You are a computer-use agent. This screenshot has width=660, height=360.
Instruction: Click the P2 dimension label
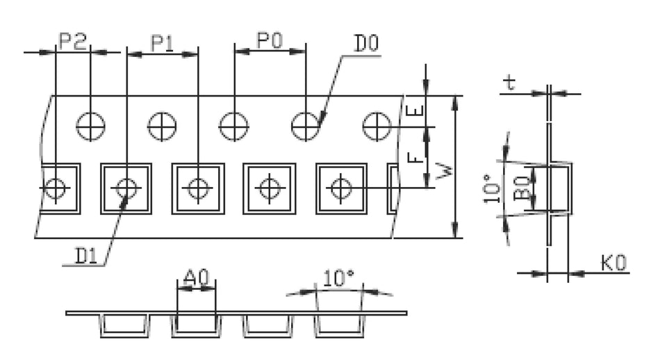[x=72, y=42]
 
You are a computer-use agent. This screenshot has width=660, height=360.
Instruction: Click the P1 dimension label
[x=163, y=44]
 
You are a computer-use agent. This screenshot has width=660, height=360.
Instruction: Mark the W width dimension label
[x=443, y=170]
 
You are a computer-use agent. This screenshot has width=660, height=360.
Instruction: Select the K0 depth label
[x=613, y=263]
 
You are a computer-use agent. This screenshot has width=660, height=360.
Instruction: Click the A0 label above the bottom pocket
[x=196, y=279]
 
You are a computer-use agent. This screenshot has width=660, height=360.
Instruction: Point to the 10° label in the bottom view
[x=339, y=279]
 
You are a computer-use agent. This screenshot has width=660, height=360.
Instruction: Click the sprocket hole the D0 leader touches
[x=305, y=126]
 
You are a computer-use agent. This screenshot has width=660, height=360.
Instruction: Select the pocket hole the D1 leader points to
[x=126, y=188]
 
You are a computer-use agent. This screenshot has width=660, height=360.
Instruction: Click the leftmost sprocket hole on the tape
[x=91, y=126]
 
